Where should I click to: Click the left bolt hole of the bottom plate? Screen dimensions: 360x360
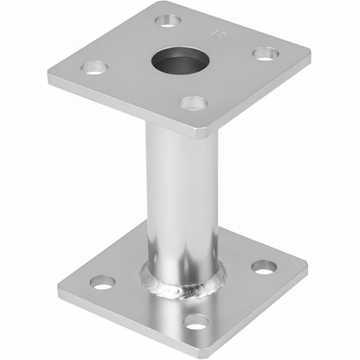[x=102, y=281]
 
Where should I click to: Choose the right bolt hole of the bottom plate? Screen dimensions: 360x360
[x=265, y=266]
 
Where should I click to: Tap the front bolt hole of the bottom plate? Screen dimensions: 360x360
[x=196, y=321]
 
